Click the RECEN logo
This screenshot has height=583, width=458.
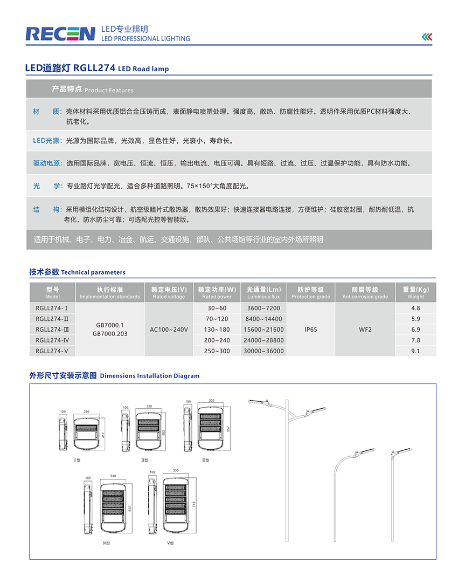pos(60,33)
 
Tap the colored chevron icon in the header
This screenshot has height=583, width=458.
pos(427,36)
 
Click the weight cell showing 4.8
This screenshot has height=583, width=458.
pos(415,308)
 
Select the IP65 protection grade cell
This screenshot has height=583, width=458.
pos(311,329)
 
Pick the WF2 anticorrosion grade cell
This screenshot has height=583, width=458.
pos(365,329)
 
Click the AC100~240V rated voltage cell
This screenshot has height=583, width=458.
pos(169,329)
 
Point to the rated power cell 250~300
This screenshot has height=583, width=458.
pos(217,351)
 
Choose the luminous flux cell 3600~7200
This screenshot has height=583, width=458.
pos(263,308)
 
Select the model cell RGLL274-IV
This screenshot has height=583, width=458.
pos(52,340)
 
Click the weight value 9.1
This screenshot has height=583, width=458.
pos(415,351)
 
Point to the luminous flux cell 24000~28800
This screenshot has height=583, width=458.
pos(263,340)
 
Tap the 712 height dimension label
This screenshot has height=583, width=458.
pos(193,504)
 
